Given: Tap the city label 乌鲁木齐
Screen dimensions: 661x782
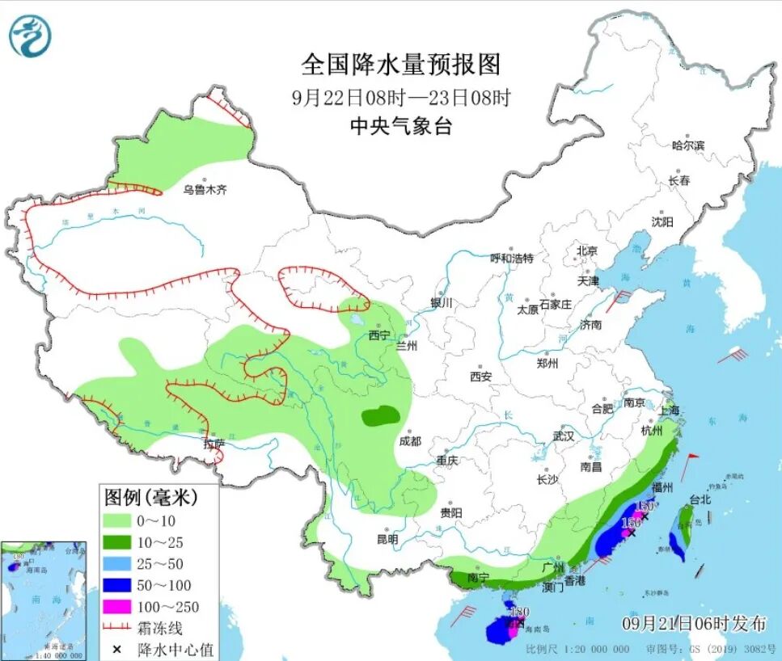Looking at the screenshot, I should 205,190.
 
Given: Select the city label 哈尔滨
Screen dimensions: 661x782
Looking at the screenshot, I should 688,145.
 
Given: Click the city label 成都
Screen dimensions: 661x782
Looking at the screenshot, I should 410,441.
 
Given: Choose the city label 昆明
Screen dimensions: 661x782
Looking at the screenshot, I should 387,538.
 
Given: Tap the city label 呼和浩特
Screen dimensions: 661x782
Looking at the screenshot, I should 512,259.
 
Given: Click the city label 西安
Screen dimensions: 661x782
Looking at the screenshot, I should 481,376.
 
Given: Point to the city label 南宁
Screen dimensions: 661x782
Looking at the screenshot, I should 478,579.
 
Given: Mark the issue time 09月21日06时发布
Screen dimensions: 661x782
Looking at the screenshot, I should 694,623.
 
